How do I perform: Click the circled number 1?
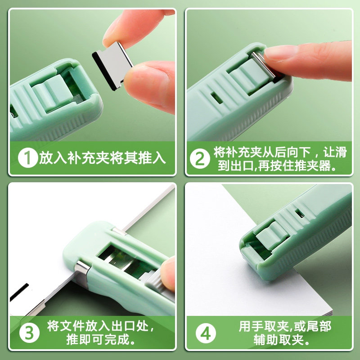coord(27,158)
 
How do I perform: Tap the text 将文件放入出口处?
coord(100,325)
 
